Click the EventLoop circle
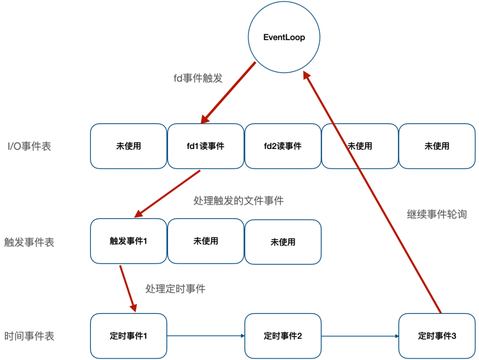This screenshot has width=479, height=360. pyautogui.click(x=284, y=38)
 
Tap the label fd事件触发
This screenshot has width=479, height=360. pyautogui.click(x=198, y=78)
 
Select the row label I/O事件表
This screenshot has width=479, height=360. pyautogui.click(x=29, y=146)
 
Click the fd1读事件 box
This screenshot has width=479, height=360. pyautogui.click(x=205, y=146)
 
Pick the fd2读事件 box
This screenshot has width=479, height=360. pyautogui.click(x=283, y=146)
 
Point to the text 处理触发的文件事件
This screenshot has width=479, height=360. pyautogui.click(x=239, y=201)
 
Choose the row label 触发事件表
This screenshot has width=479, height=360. pyautogui.click(x=29, y=242)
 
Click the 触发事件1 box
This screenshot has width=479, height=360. pyautogui.click(x=128, y=241)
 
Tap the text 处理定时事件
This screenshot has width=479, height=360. pyautogui.click(x=175, y=289)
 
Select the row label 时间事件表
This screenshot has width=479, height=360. pyautogui.click(x=29, y=336)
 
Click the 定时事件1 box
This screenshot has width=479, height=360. pyautogui.click(x=128, y=336)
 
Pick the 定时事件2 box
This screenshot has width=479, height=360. pyautogui.click(x=283, y=336)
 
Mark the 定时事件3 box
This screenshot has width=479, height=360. pyautogui.click(x=437, y=336)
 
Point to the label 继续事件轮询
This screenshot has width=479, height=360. pyautogui.click(x=437, y=214)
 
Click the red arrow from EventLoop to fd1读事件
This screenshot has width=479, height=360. pyautogui.click(x=228, y=93)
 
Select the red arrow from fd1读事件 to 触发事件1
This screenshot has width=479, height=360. pyautogui.click(x=168, y=194)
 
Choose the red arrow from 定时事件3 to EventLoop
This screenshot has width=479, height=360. pyautogui.click(x=373, y=193)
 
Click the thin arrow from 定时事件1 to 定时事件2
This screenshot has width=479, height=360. pyautogui.click(x=205, y=336)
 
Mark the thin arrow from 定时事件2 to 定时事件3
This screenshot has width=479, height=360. pyautogui.click(x=360, y=336)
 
